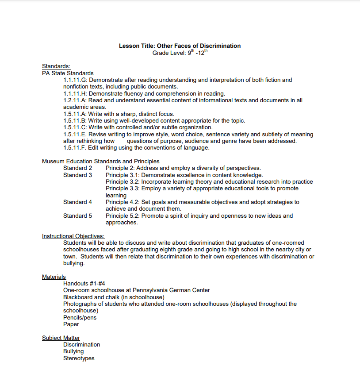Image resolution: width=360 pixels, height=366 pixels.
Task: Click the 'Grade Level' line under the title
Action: (x=180, y=53)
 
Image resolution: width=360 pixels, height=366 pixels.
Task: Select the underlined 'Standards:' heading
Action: (x=56, y=66)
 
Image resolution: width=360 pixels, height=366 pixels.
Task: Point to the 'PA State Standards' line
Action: (x=68, y=73)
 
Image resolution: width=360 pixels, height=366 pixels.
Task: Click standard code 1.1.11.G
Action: (x=75, y=80)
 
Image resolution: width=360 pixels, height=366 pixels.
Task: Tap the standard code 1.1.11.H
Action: (x=75, y=93)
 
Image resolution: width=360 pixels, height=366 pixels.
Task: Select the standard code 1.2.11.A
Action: (x=75, y=100)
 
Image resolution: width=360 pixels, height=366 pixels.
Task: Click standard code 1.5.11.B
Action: (x=75, y=120)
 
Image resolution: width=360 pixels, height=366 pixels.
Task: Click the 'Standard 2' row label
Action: (x=77, y=168)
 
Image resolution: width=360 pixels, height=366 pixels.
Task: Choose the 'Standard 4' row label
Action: (x=77, y=202)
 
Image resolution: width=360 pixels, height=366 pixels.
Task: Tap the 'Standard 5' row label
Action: (x=77, y=216)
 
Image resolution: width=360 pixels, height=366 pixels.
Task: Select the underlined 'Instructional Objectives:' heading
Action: (x=73, y=236)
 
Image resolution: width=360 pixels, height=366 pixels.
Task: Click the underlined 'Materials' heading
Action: (x=54, y=277)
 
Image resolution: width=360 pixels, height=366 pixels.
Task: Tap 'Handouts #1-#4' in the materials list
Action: (x=84, y=283)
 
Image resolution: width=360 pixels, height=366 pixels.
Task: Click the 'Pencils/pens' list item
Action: (x=80, y=317)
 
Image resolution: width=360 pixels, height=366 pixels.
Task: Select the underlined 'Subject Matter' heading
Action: (x=61, y=338)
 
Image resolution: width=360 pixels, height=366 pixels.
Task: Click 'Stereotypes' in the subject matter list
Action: (x=79, y=358)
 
